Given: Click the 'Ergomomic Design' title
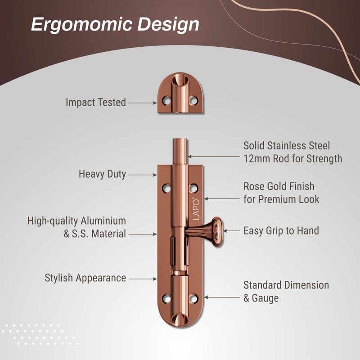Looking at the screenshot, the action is (115, 25).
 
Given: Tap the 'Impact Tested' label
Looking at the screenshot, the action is (96, 103).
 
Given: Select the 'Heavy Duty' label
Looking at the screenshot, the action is (103, 174).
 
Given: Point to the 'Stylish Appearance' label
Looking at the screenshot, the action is (85, 278).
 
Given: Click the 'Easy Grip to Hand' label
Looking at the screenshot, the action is (281, 231).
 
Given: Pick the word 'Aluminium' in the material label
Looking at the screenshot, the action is (103, 221).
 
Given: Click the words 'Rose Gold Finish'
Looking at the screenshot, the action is (279, 186).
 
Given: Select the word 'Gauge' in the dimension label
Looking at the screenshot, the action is (265, 298).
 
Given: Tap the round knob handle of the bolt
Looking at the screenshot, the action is (216, 232).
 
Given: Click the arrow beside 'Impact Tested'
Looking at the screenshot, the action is (143, 103).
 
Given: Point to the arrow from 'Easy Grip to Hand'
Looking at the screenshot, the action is (231, 231).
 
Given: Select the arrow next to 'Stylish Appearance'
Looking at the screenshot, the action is (143, 279).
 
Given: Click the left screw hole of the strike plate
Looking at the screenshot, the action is (166, 100).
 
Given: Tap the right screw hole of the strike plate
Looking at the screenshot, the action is (193, 100).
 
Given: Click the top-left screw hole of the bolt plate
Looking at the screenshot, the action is (166, 188).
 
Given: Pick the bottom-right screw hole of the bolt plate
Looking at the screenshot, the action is (193, 298).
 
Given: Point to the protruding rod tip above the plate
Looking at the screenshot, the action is (180, 151).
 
